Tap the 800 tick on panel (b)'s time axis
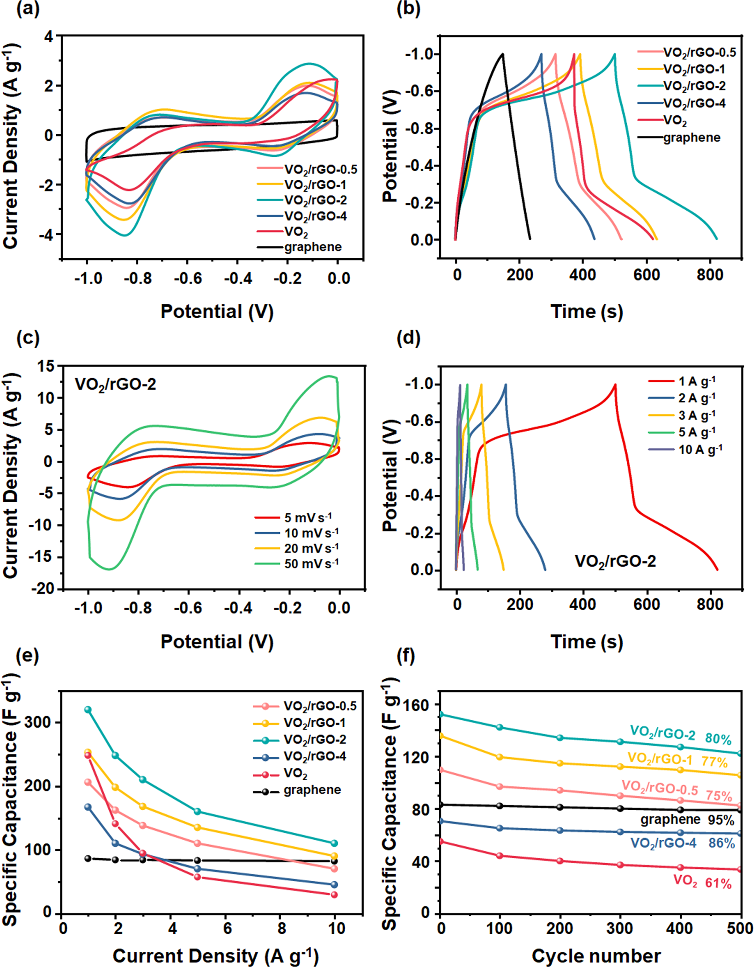click(x=710, y=275)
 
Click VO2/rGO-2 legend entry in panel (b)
click(x=694, y=86)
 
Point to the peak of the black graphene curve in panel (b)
click(x=502, y=54)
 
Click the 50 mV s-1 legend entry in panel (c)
click(x=311, y=564)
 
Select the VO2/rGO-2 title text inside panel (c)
click(x=115, y=384)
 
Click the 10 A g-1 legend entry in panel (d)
click(x=700, y=450)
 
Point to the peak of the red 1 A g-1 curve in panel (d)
click(x=615, y=385)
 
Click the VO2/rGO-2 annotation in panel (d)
click(x=615, y=561)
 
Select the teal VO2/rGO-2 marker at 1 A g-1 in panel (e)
click(x=88, y=710)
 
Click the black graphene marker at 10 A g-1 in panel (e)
click(x=335, y=861)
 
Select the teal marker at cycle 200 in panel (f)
click(x=560, y=738)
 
